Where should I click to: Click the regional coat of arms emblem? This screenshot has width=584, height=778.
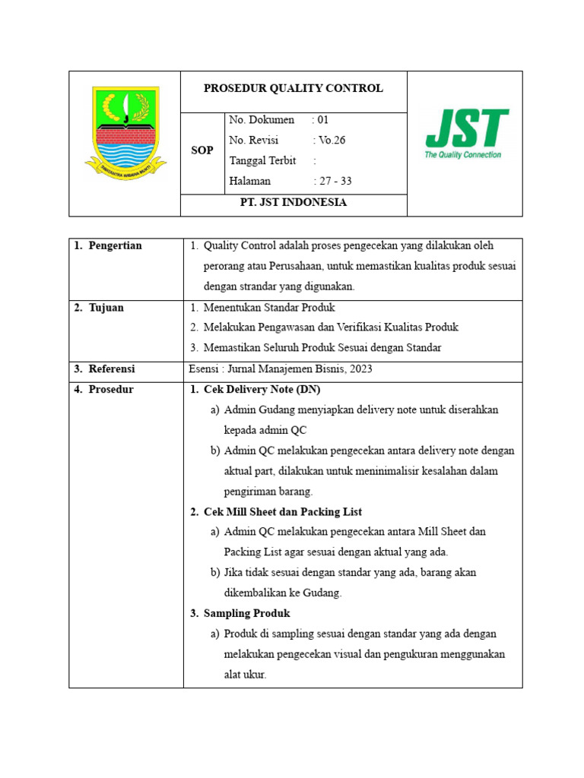coord(125,134)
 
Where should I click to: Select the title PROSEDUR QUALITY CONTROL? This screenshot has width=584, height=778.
coord(293,88)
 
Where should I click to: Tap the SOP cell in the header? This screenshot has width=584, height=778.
coord(202,150)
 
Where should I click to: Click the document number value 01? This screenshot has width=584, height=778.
coord(323,120)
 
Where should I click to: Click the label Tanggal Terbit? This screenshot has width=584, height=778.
coord(262,161)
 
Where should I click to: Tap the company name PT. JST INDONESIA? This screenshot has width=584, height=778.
coord(293,203)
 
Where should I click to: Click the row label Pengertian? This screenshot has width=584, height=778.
coord(114,245)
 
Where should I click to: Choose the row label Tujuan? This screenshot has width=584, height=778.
coord(106,308)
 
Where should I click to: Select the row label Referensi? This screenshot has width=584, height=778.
coord(111,368)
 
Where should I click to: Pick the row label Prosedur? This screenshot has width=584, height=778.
coord(110,389)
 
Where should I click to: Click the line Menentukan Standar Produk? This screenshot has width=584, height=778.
coord(268,308)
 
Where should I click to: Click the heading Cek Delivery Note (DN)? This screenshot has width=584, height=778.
coord(262,389)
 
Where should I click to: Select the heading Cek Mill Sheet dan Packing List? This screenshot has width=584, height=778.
coord(282,511)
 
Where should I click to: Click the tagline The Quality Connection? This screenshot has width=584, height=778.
coord(462,154)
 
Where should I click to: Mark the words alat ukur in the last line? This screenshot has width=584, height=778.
coord(245,674)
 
